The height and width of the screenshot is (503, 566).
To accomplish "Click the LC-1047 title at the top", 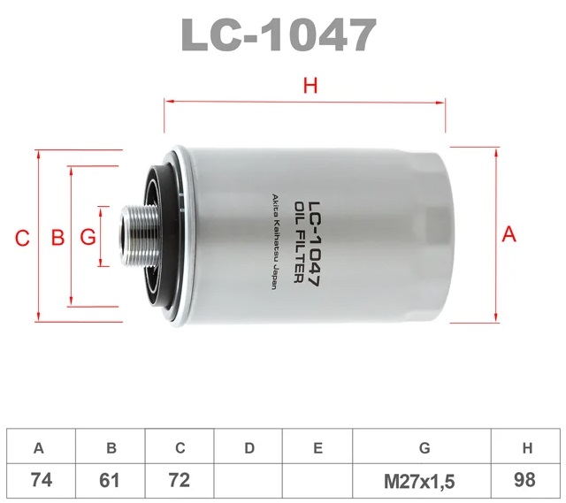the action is click(279, 35).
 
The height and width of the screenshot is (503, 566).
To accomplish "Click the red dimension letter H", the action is click(310, 86).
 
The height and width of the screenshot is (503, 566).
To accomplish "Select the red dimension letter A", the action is click(509, 234).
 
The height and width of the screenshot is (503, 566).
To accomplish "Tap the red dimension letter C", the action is click(22, 239).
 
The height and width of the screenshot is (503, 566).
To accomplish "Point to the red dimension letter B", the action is click(57, 237).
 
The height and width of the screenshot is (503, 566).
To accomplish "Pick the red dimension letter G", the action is click(88, 237).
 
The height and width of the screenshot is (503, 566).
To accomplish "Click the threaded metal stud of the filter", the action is click(139, 236).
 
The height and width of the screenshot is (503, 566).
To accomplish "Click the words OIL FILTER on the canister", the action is click(299, 242).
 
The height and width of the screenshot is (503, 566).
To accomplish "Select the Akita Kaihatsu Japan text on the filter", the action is click(274, 241).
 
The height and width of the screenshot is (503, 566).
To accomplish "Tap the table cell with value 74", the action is click(42, 481).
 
